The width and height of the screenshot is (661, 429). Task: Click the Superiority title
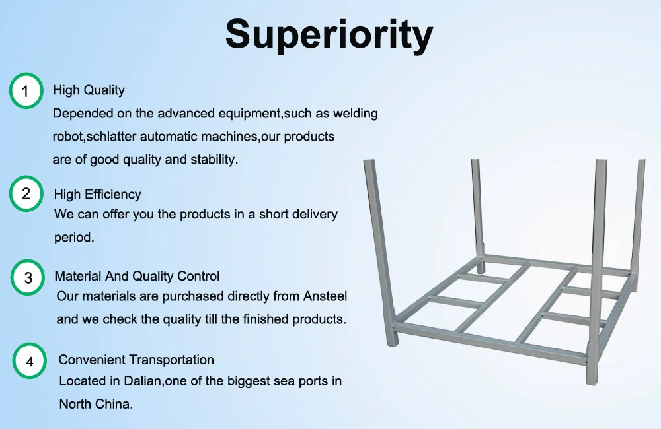coord(329,34)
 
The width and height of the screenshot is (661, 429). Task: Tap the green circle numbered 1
coord(26,91)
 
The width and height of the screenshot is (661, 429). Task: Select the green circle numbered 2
coord(26,194)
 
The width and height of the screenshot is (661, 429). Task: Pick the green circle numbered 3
coord(28,278)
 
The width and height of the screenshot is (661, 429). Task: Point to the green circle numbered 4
coord(30,361)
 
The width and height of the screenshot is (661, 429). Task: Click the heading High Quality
coord(89,90)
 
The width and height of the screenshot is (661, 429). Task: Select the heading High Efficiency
coord(98,194)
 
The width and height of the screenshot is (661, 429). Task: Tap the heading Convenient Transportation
coord(136,360)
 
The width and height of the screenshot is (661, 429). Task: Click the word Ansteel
coord(325,296)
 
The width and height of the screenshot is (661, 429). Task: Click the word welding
coord(356,114)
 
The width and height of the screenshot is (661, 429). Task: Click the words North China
coord(96,403)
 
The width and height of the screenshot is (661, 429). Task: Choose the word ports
coord(311,381)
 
